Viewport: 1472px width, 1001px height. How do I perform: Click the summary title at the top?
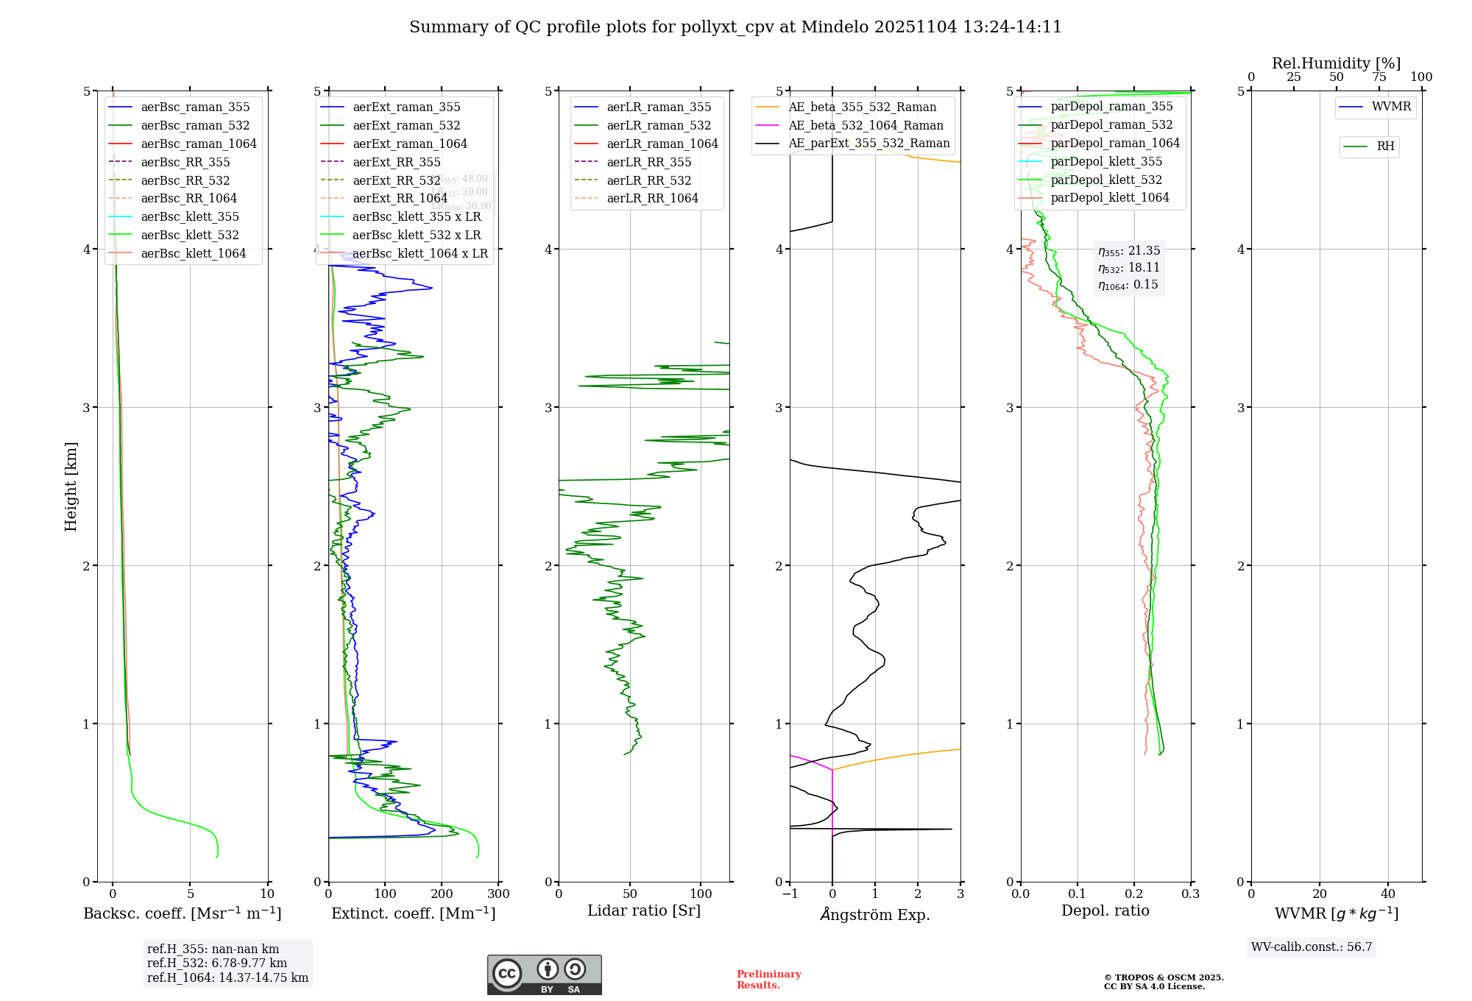click(x=735, y=27)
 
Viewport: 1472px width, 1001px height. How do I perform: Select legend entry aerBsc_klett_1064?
click(x=193, y=253)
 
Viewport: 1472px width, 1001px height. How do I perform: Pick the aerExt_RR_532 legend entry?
click(x=396, y=180)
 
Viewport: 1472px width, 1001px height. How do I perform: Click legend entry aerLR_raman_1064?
click(x=662, y=144)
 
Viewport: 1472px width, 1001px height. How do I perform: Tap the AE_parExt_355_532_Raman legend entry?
click(x=868, y=143)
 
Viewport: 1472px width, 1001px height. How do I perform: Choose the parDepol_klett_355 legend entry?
click(x=1106, y=161)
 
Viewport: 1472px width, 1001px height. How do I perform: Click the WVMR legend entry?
click(x=1390, y=107)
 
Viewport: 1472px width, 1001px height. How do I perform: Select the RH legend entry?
click(x=1385, y=146)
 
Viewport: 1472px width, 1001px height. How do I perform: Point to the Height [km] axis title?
click(x=71, y=486)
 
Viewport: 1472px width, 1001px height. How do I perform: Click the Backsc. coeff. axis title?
click(x=182, y=913)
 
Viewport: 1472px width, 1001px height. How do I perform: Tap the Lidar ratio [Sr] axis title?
click(x=643, y=910)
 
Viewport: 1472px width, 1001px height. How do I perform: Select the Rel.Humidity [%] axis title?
click(x=1336, y=63)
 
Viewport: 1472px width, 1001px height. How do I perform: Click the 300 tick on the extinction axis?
click(x=498, y=894)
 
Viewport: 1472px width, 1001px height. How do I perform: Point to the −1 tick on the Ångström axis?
click(x=789, y=894)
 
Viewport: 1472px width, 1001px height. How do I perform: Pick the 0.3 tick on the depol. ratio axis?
click(x=1190, y=894)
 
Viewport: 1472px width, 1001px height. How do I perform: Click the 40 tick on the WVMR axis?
click(x=1387, y=894)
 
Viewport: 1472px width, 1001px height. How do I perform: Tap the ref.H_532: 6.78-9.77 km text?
click(x=216, y=963)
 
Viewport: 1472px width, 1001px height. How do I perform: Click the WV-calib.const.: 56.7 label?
click(x=1311, y=947)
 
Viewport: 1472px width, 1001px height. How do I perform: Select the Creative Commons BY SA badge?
click(x=544, y=975)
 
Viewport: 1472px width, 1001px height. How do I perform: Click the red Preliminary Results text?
click(x=768, y=980)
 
